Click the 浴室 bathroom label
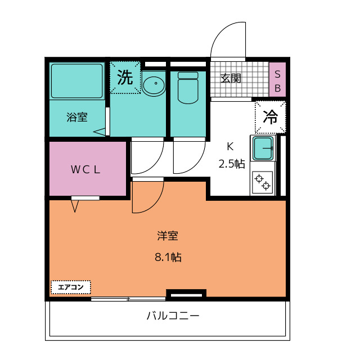click(x=77, y=118)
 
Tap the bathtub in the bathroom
click(x=77, y=82)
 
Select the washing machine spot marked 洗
click(x=125, y=77)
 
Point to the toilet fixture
click(x=188, y=87)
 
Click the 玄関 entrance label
click(x=231, y=78)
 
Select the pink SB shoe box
click(x=277, y=79)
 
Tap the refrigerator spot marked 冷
click(x=271, y=117)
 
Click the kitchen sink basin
click(x=263, y=148)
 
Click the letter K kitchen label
click(x=229, y=147)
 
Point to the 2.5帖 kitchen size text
click(x=231, y=164)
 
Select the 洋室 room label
click(x=168, y=237)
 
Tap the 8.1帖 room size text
click(x=168, y=258)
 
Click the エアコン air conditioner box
click(x=70, y=287)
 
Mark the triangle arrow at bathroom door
click(x=100, y=132)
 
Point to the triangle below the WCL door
click(x=75, y=206)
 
